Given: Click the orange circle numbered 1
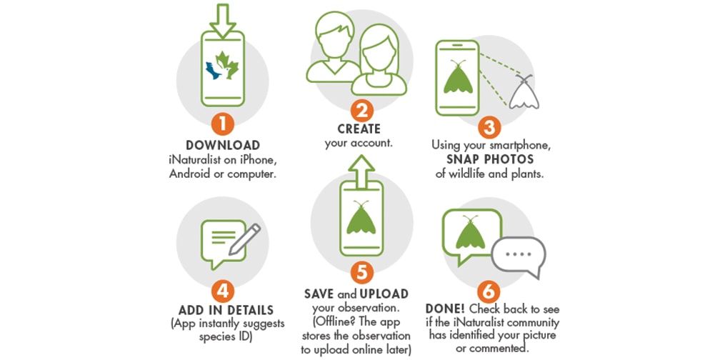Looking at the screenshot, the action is [223, 124].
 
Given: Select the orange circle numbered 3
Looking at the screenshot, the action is [489, 127].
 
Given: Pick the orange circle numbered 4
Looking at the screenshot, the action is [223, 291].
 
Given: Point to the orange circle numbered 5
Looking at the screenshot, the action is [362, 273].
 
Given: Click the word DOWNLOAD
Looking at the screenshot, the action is [223, 146].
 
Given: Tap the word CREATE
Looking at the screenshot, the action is [359, 129].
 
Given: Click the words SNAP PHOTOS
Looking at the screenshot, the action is [490, 160].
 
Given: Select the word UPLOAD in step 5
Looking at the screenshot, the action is [384, 294].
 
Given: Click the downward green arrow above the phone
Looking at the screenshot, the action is [223, 21].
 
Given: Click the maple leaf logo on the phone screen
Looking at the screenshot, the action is [223, 66].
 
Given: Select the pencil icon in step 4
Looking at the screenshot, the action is [245, 239].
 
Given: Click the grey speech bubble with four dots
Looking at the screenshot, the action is [519, 256].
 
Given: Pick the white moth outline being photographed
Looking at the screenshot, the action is [524, 92].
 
